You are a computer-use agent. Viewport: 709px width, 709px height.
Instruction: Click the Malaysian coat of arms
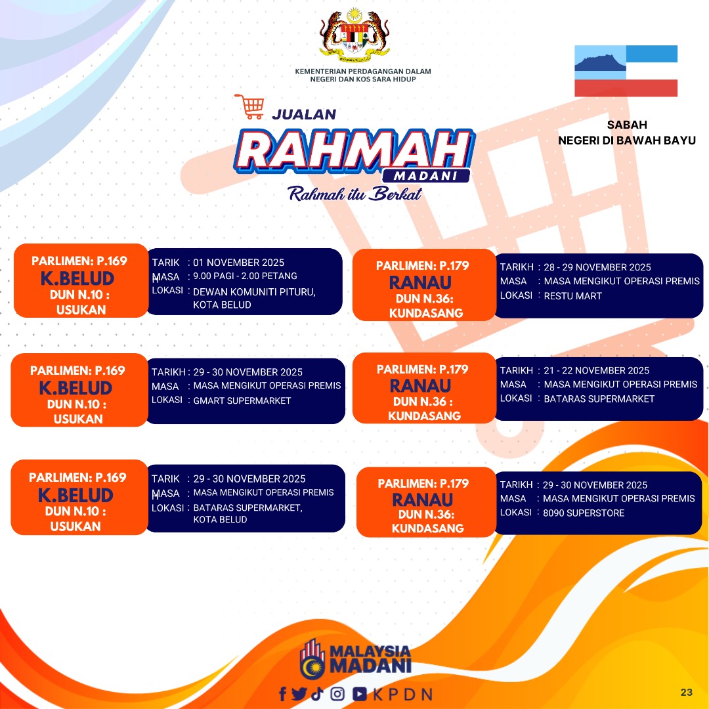point(354,35)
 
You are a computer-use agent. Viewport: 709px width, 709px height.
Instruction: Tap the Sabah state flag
point(626,71)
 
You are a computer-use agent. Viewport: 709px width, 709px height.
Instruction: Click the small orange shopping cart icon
point(249,106)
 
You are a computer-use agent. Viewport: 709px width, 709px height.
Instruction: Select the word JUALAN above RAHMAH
point(304,114)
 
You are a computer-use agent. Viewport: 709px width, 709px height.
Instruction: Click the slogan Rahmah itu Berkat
point(355,194)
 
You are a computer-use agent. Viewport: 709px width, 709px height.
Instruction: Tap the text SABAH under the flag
point(627,125)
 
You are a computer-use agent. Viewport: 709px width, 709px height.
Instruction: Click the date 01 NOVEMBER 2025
point(239,262)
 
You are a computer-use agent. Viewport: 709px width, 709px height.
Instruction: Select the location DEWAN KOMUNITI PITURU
point(254,292)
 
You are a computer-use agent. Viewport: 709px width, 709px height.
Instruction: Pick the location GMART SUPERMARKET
point(242,400)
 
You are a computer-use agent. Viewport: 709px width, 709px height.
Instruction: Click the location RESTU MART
point(572,296)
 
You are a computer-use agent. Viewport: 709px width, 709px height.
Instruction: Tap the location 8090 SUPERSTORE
point(584,513)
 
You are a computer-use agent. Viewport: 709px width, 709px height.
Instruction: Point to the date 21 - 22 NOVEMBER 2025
point(596,371)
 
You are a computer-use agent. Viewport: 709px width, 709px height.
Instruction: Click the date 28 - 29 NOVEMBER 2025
point(597,267)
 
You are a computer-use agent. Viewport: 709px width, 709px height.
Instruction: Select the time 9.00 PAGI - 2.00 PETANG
point(245,276)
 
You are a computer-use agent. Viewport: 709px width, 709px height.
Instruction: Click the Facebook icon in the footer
point(282,694)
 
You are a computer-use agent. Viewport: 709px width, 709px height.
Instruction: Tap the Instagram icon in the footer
point(337,694)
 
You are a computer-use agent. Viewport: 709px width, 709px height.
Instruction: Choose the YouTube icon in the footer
point(360,694)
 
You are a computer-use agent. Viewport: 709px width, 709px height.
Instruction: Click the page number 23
point(687,693)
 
